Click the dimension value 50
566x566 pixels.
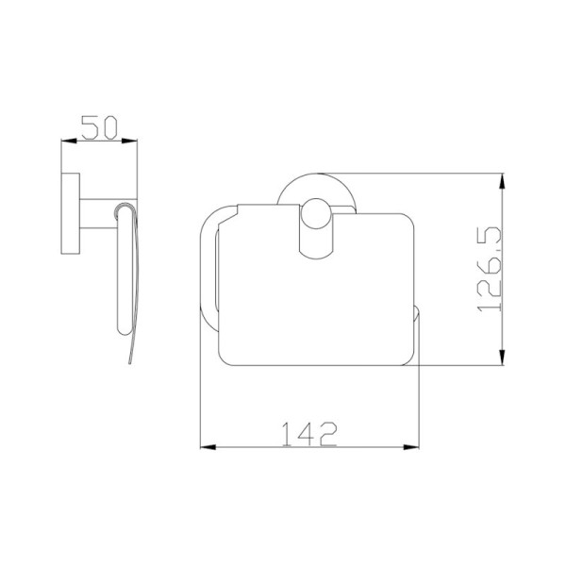[99, 127]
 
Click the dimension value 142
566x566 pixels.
[309, 434]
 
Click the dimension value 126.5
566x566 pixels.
[489, 269]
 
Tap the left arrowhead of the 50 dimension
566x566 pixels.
[69, 141]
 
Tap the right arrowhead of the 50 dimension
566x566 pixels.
[129, 141]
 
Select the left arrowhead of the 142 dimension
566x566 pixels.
[208, 447]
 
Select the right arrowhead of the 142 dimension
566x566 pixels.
[411, 447]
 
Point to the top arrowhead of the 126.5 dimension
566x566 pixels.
[502, 181]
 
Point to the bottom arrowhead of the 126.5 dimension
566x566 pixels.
[502, 358]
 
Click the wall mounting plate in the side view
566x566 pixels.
[71, 213]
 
